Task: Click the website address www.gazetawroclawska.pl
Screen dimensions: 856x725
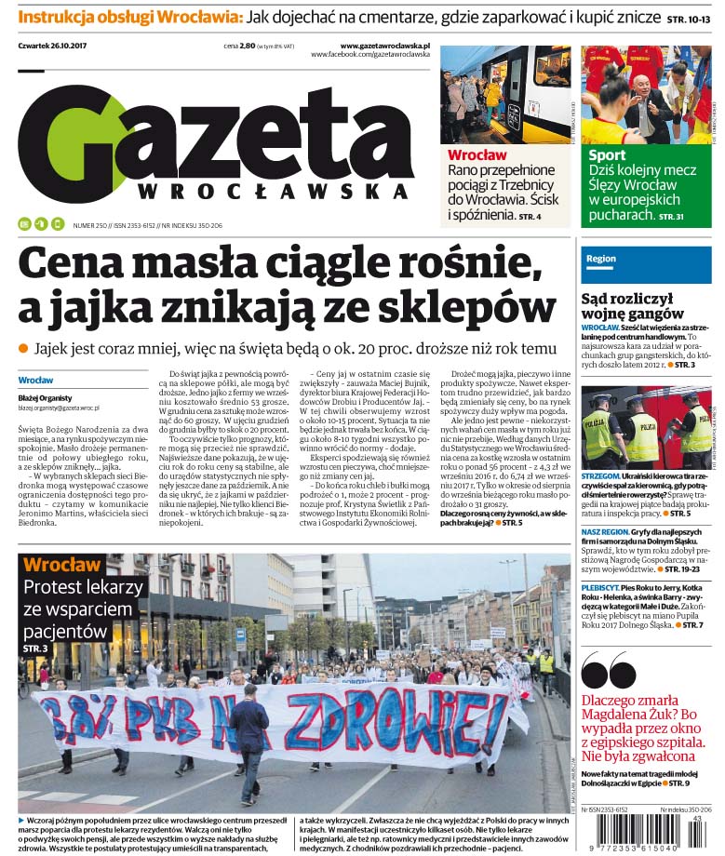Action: tap(384, 45)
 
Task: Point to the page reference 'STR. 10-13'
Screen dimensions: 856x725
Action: tap(689, 19)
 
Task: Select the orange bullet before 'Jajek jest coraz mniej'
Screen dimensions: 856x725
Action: tap(23, 347)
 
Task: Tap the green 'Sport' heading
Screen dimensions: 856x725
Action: tap(608, 154)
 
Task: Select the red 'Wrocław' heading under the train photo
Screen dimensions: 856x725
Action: tap(477, 154)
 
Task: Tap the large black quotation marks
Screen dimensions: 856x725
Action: tap(609, 671)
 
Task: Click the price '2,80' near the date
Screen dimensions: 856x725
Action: tap(247, 46)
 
